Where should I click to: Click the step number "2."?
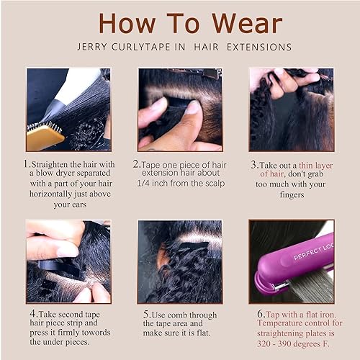coord(136,164)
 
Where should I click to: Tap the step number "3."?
coord(253,164)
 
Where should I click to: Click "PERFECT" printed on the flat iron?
coord(302,255)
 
